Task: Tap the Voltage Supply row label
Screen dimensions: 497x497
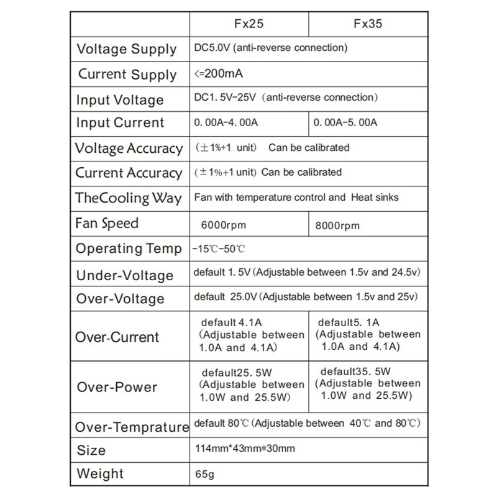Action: (127, 49)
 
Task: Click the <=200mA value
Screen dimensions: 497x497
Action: (218, 74)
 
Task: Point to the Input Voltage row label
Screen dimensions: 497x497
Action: (120, 100)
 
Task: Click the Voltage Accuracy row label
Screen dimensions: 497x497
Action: (129, 148)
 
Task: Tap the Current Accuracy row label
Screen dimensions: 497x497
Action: (129, 173)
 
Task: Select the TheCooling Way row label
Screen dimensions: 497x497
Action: (129, 198)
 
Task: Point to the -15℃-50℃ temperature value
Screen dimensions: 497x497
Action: (219, 249)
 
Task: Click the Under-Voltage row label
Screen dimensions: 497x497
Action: (124, 275)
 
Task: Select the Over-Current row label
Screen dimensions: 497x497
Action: (117, 337)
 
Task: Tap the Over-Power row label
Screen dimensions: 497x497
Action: (117, 387)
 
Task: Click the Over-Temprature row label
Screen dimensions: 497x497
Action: (132, 427)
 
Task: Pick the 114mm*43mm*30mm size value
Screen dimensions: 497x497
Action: (244, 449)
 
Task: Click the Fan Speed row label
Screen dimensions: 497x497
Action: (107, 223)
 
